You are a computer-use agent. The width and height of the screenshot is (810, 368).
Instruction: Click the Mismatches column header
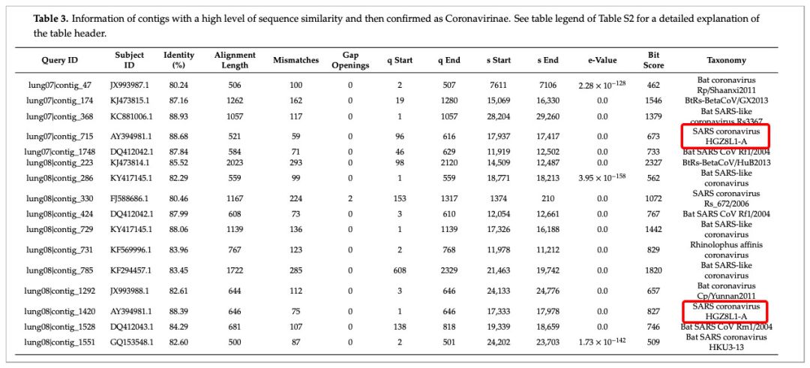296,61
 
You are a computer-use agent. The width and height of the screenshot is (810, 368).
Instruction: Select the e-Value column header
602,61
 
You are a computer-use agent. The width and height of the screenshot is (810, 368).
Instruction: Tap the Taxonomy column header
726,61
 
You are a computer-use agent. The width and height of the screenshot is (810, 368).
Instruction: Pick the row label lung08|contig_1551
60,342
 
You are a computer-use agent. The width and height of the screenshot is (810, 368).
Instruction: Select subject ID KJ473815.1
130,100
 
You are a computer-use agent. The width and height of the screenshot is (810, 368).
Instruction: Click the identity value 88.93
178,116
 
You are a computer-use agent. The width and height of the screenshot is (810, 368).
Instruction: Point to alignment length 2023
235,161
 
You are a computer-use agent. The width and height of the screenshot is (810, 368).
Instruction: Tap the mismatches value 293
296,161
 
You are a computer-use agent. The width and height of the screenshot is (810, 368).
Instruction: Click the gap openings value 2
350,198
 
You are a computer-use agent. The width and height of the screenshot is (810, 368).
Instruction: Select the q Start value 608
400,270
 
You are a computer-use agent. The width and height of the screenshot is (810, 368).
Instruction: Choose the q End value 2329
449,270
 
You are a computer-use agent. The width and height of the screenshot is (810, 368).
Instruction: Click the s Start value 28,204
499,116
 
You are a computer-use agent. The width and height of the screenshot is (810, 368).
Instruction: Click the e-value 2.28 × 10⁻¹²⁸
602,84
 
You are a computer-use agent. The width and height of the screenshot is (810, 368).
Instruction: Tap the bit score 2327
653,161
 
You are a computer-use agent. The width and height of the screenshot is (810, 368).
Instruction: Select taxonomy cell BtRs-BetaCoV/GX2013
726,100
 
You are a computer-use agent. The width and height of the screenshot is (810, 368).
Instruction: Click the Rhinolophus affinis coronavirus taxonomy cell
726,249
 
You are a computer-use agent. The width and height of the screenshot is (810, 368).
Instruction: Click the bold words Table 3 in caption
51,20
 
